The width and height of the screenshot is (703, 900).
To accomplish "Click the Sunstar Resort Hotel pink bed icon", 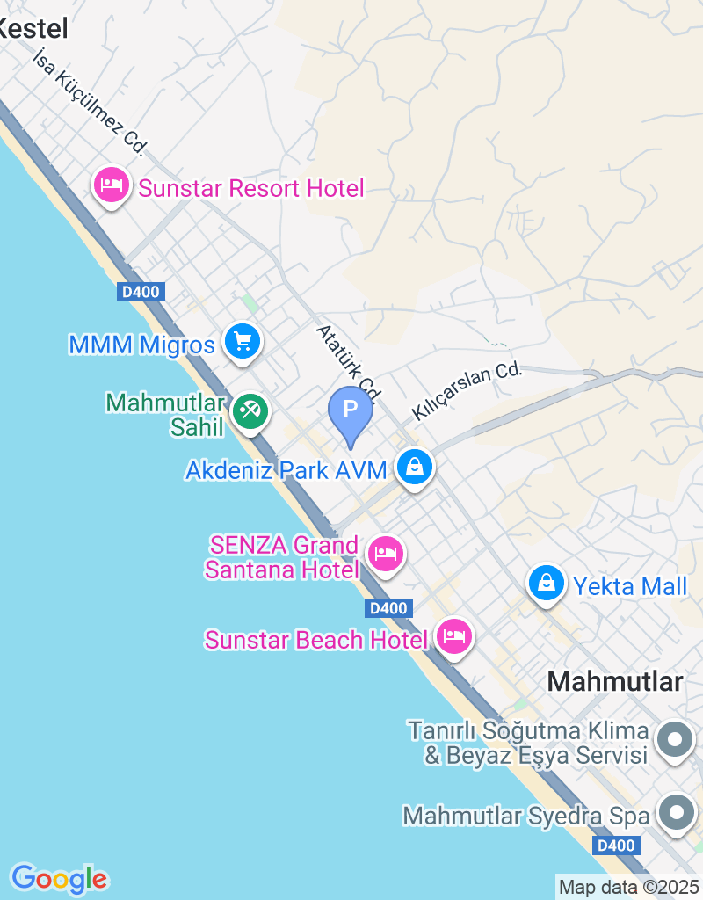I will pyautogui.click(x=112, y=186).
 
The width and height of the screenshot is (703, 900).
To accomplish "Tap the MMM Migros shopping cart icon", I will pyautogui.click(x=242, y=342).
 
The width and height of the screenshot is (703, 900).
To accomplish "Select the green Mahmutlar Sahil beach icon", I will pyautogui.click(x=250, y=411).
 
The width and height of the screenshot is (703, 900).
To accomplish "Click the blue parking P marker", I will pyautogui.click(x=351, y=411).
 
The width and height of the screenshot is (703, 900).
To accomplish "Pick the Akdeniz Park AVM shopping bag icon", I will pyautogui.click(x=414, y=467).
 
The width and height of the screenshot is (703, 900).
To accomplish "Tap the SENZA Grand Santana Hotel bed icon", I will pyautogui.click(x=385, y=555).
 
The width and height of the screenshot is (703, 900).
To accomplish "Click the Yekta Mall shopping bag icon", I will pyautogui.click(x=547, y=583).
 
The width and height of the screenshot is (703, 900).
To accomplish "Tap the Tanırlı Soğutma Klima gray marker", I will pyautogui.click(x=676, y=740).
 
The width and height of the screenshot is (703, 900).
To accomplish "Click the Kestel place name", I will pyautogui.click(x=33, y=28).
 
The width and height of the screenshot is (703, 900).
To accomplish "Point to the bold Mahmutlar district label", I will pyautogui.click(x=615, y=681).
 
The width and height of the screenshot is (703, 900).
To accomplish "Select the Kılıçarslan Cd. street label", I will pyautogui.click(x=467, y=392).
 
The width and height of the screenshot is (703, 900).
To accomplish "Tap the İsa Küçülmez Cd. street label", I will pyautogui.click(x=89, y=102).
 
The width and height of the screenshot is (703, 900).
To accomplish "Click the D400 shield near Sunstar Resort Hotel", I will pyautogui.click(x=141, y=293).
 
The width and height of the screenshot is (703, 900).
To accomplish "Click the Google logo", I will pyautogui.click(x=59, y=878).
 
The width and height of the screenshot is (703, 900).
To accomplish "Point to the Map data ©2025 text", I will pyautogui.click(x=629, y=888).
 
